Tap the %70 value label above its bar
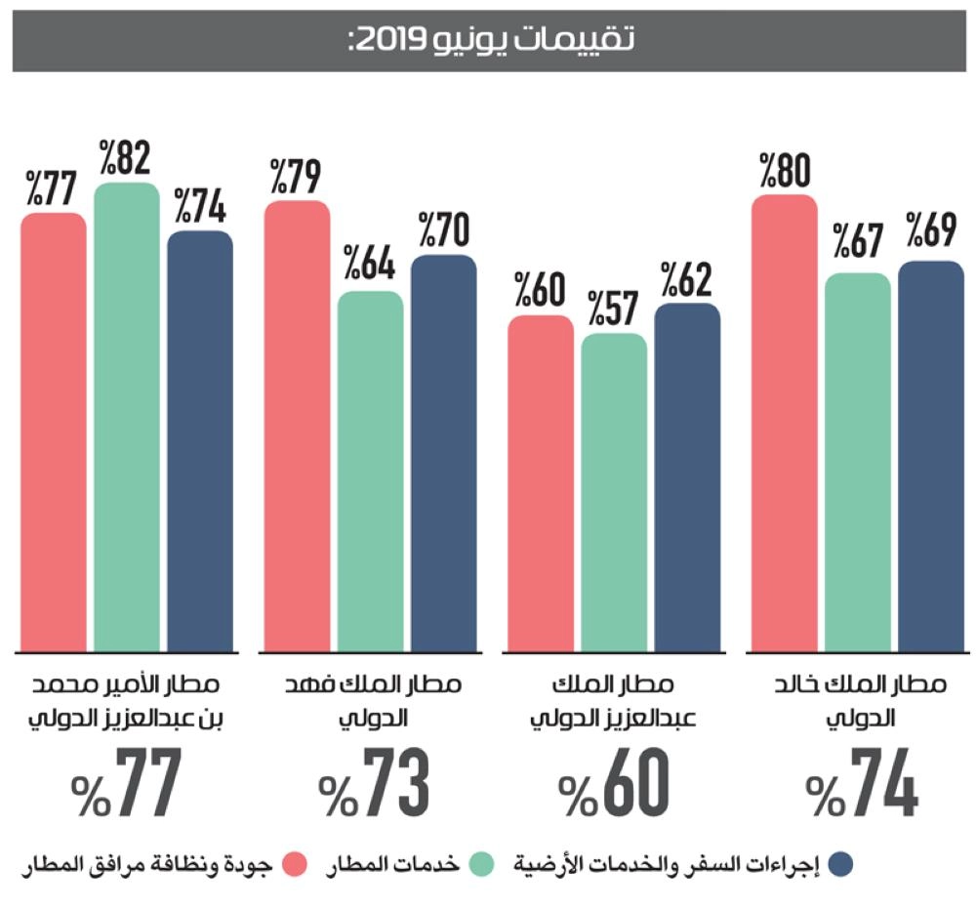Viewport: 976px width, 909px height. tap(445, 229)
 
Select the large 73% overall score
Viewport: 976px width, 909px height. tap(375, 784)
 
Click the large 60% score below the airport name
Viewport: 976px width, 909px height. tap(617, 784)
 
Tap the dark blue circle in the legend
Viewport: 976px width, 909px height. tap(839, 863)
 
